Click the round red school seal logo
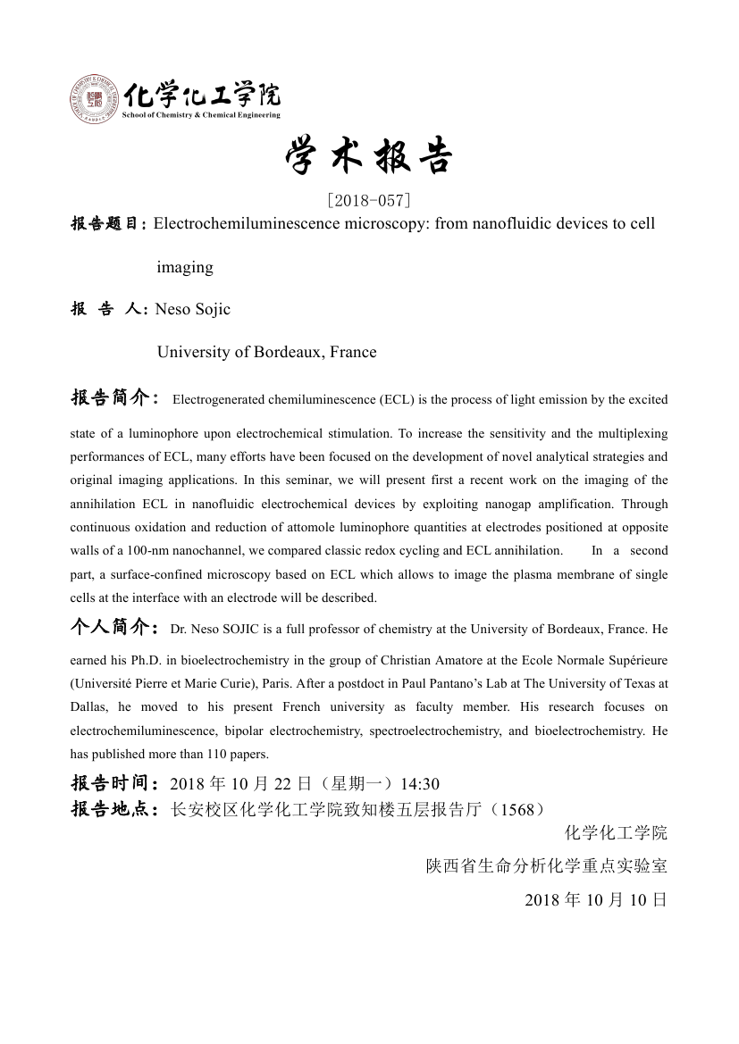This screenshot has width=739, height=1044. [94, 101]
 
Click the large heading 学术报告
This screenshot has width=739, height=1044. [369, 159]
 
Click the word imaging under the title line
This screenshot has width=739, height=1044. [185, 267]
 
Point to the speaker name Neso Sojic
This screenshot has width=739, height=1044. [193, 309]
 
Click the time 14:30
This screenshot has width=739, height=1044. [420, 784]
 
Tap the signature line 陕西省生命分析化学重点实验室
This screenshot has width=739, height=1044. [547, 866]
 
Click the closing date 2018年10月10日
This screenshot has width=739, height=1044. [596, 899]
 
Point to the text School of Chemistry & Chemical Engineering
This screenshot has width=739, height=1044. [201, 115]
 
